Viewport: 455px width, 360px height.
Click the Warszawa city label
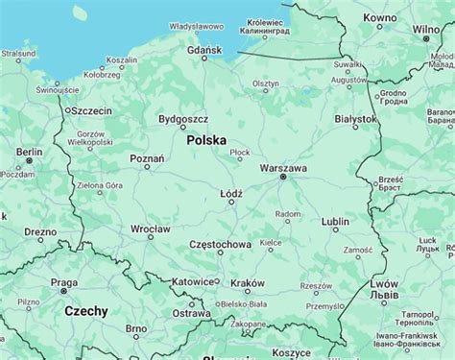click(x=283, y=167)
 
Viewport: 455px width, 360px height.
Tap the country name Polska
click(x=207, y=140)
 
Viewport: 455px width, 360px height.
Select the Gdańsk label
click(x=204, y=49)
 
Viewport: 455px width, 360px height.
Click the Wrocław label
click(x=151, y=230)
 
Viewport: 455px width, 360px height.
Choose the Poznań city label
click(x=147, y=157)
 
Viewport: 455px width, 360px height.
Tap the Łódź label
click(x=231, y=193)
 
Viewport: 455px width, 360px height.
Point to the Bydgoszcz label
click(x=182, y=119)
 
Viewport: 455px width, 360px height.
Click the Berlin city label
click(x=29, y=152)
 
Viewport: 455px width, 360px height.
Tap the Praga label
click(x=63, y=282)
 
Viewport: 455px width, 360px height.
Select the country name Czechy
click(x=86, y=311)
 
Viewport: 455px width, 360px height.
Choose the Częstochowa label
click(x=220, y=245)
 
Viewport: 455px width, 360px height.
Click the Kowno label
click(x=380, y=18)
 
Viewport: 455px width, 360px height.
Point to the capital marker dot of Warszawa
click(x=282, y=178)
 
